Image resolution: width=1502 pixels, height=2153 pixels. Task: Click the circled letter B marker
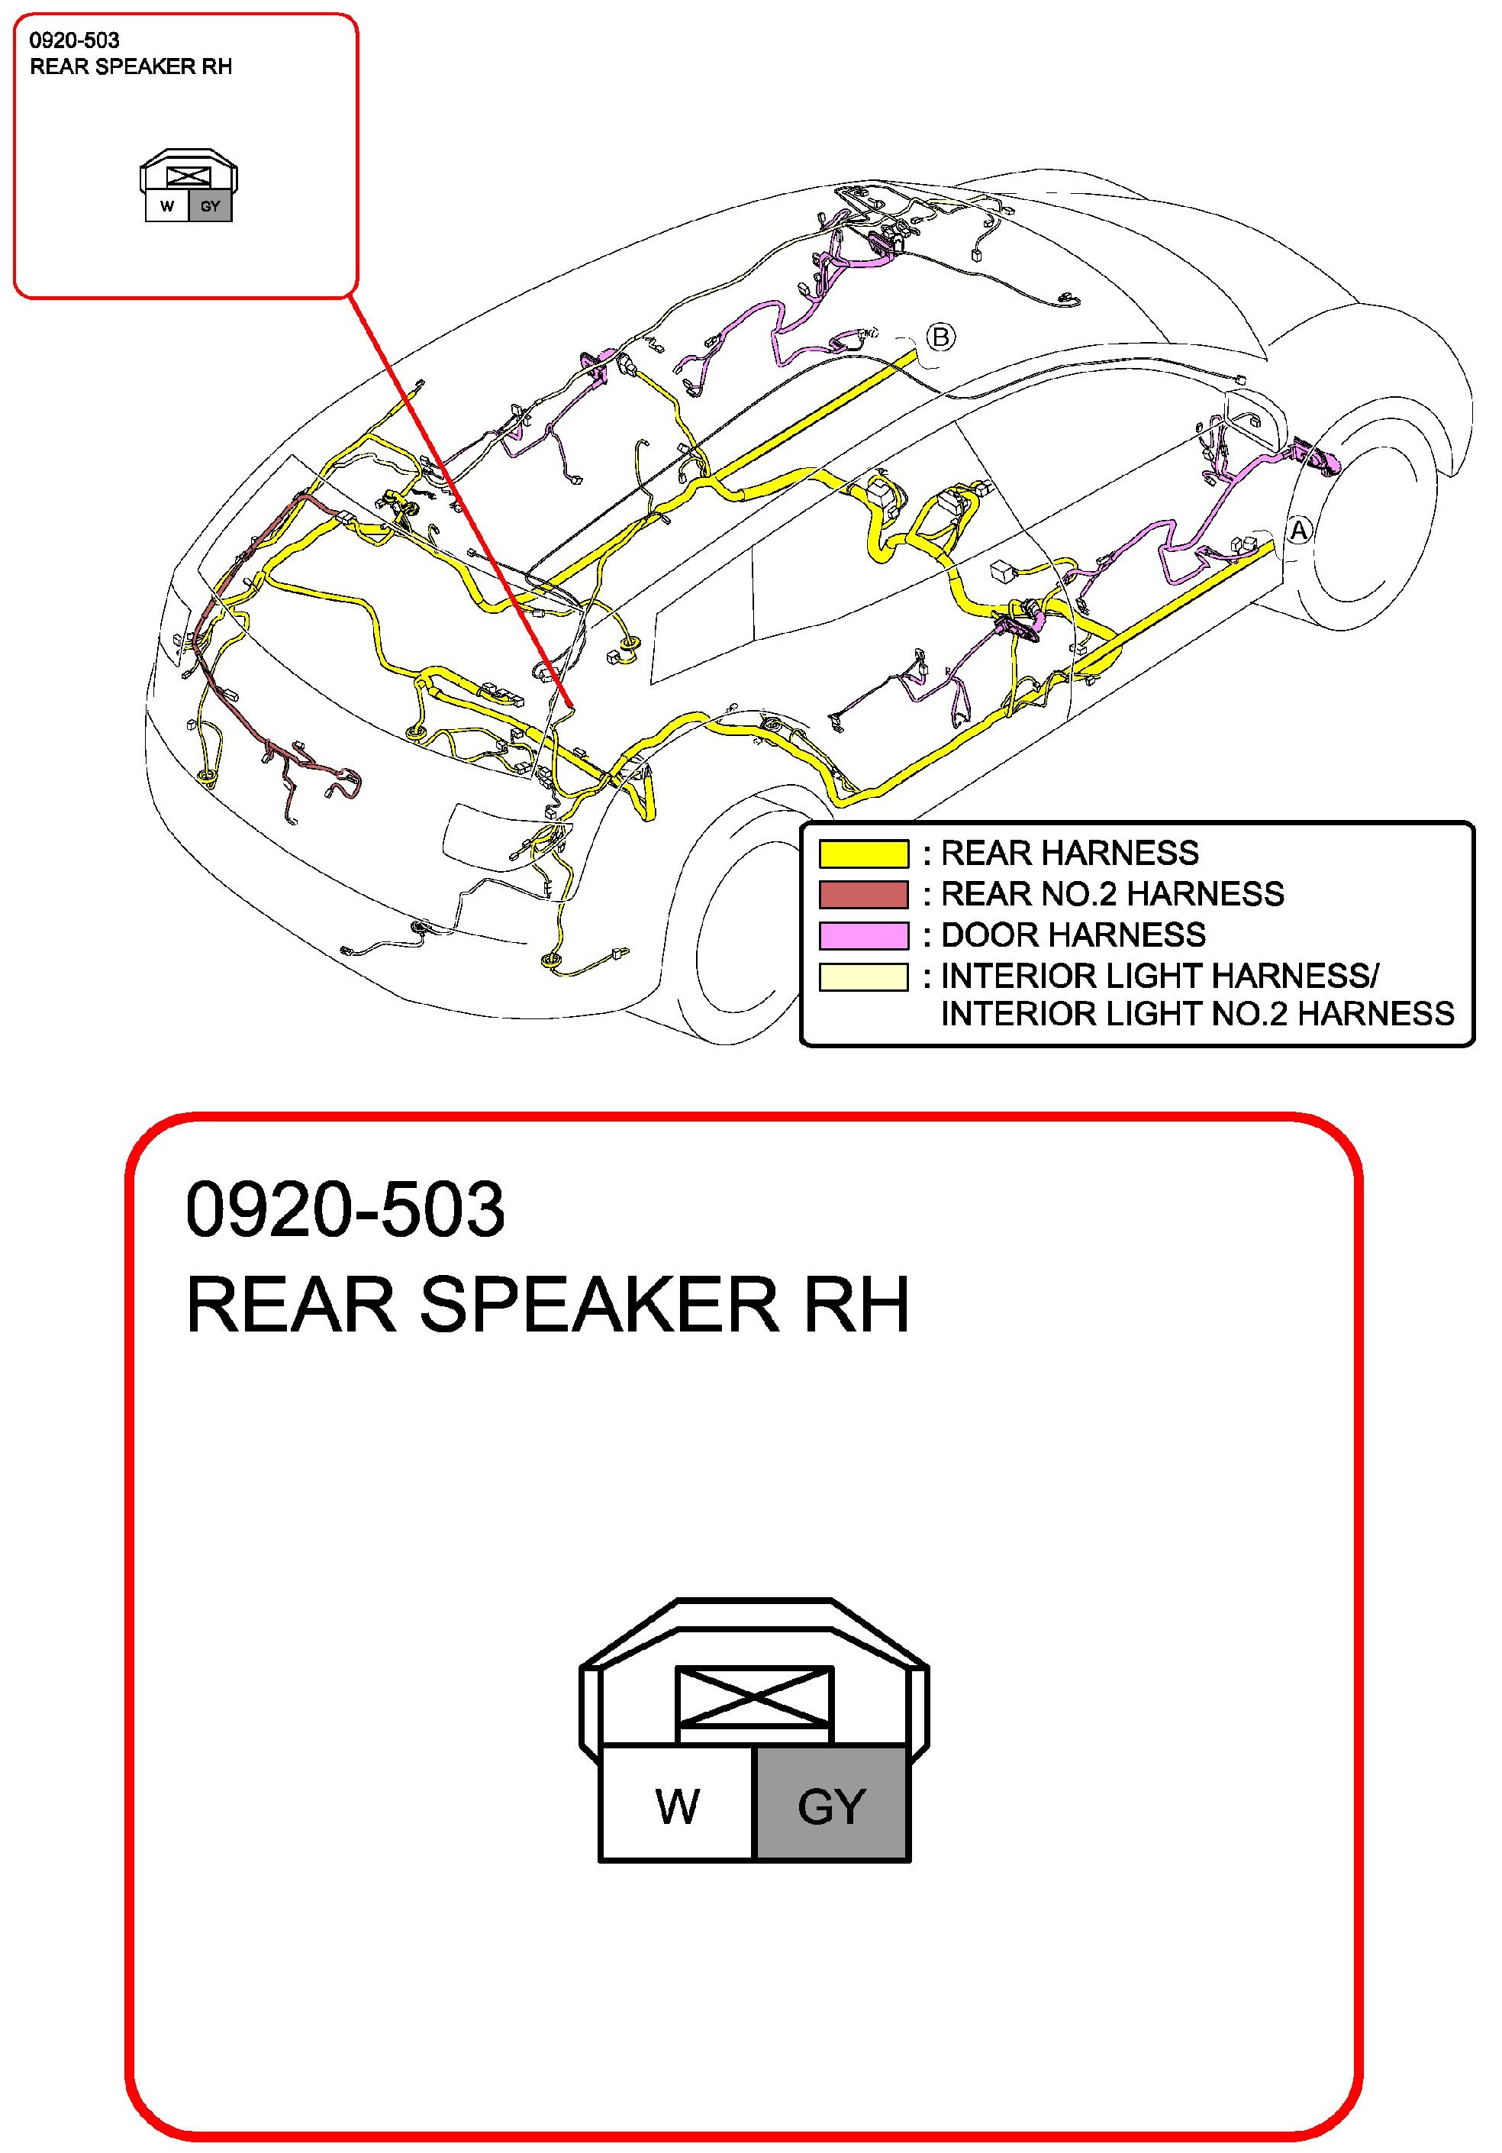click(x=940, y=337)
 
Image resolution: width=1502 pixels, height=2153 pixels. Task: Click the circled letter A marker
click(x=1298, y=531)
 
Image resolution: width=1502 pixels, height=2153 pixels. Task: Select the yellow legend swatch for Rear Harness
click(x=863, y=854)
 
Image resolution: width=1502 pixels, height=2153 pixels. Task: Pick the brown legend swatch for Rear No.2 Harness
click(x=863, y=895)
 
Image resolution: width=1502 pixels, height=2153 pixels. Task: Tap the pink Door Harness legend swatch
click(x=863, y=935)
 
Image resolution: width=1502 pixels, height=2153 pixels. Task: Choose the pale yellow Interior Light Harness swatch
click(x=863, y=976)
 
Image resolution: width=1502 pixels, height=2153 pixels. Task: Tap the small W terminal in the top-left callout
click(x=167, y=206)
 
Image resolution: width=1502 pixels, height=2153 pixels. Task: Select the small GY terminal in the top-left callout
click(x=210, y=206)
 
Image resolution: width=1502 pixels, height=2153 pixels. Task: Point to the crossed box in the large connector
click(x=754, y=1696)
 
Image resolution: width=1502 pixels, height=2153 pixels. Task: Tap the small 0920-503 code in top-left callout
click(x=74, y=40)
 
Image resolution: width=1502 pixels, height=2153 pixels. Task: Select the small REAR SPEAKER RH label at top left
click(x=131, y=67)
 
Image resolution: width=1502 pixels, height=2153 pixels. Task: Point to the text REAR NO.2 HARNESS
click(x=1112, y=895)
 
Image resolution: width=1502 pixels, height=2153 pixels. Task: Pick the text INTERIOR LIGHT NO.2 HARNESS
click(x=1197, y=1014)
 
